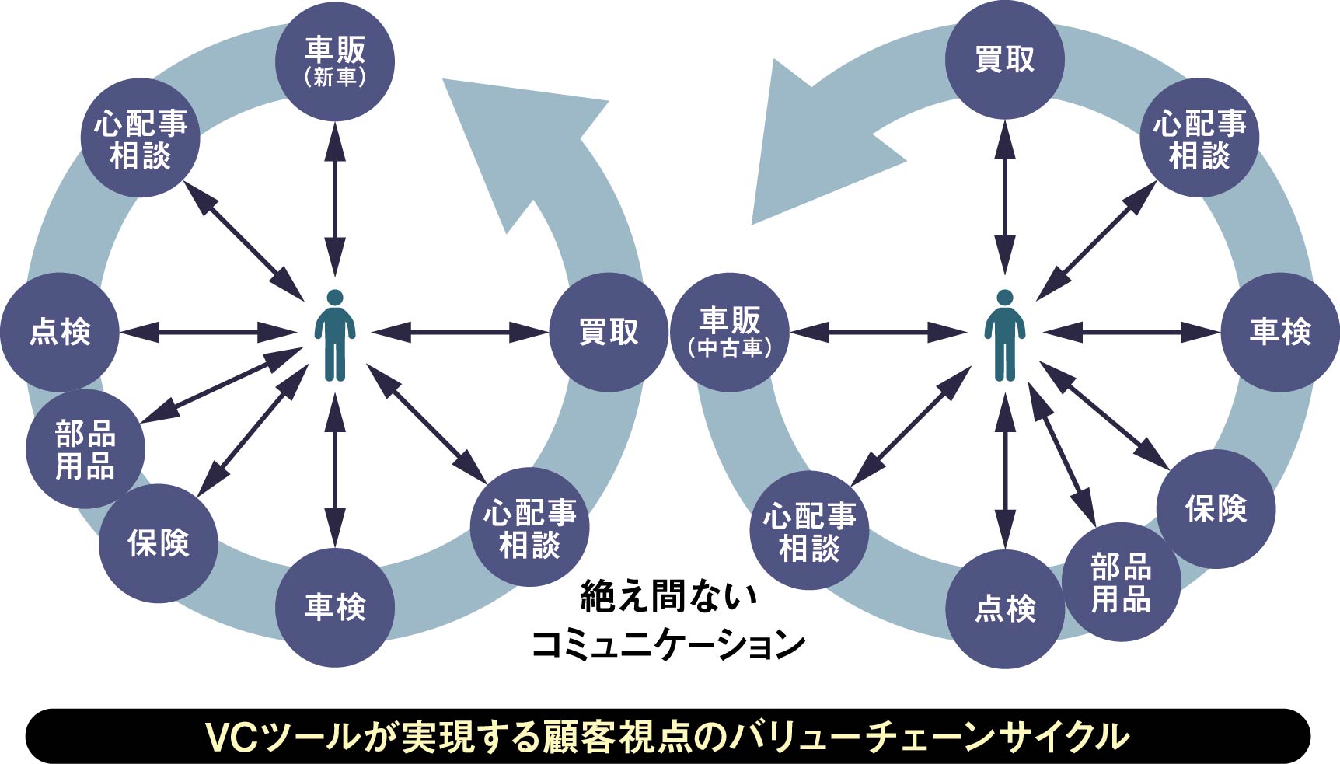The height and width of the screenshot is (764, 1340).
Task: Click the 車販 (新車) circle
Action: click(x=335, y=61)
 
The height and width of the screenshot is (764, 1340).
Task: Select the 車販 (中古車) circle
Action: click(x=729, y=332)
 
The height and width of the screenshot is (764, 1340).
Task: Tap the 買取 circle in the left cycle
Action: click(x=609, y=332)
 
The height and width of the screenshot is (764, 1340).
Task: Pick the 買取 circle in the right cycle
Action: click(x=1005, y=60)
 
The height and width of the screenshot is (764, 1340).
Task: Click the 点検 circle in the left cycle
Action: click(x=60, y=332)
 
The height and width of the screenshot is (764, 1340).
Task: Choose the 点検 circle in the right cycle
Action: click(x=1005, y=609)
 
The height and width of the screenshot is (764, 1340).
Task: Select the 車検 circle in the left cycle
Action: click(x=335, y=607)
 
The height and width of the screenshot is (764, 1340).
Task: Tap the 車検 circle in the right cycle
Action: click(x=1280, y=332)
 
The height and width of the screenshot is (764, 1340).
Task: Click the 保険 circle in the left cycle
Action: click(x=158, y=543)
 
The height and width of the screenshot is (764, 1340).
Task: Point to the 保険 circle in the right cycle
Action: click(x=1216, y=509)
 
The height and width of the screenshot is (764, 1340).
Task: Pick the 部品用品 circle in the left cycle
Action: click(x=85, y=450)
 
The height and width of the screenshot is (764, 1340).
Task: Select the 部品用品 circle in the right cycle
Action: click(x=1121, y=582)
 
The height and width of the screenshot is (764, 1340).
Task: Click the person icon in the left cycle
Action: click(x=335, y=336)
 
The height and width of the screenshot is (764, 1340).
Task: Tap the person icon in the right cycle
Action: click(x=1005, y=336)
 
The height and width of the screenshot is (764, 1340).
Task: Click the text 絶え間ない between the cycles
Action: click(x=668, y=597)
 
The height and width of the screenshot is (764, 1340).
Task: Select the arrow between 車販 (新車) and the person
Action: click(x=335, y=198)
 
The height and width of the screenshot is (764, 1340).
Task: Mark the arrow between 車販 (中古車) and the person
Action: click(x=877, y=333)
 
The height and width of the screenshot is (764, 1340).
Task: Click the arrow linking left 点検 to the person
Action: click(x=207, y=333)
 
